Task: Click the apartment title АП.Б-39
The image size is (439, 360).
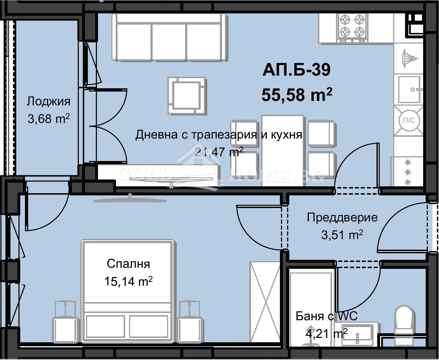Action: [297, 70]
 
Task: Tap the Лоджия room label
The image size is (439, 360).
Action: [48, 102]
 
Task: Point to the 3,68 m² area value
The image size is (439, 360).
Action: [48, 118]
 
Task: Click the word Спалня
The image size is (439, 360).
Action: [128, 264]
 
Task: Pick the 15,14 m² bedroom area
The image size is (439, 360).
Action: [128, 281]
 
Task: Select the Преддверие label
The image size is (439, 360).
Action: [342, 217]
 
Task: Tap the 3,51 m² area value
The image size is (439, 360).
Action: [342, 235]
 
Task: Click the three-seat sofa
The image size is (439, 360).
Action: [170, 37]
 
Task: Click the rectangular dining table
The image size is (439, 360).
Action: [282, 150]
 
